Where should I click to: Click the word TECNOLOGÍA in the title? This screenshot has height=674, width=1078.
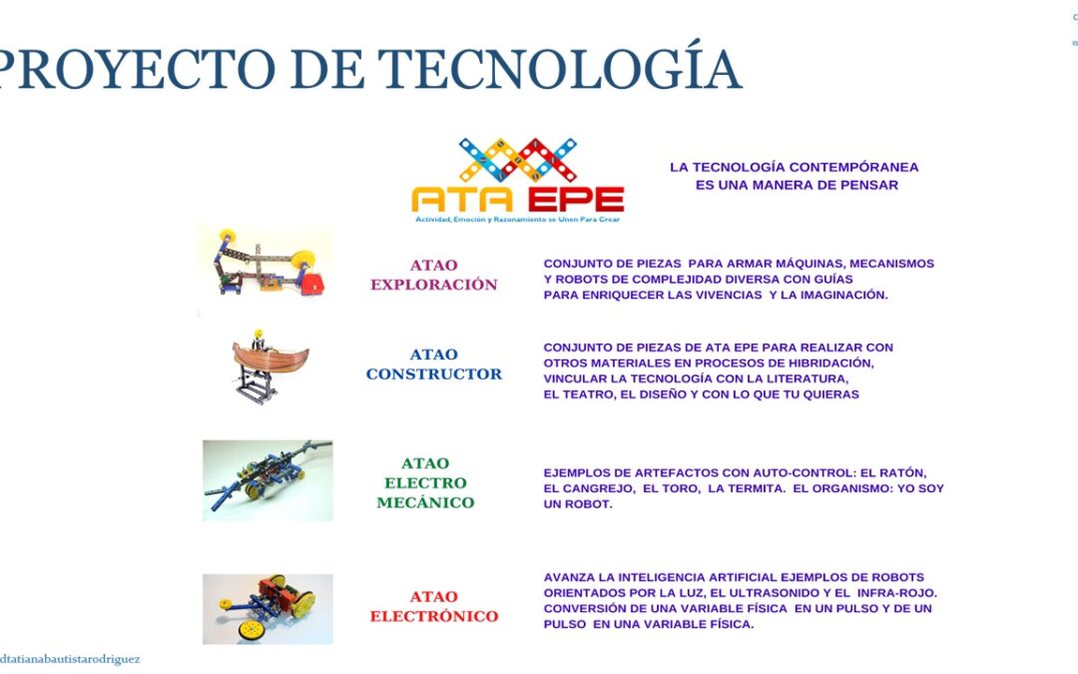[560, 68]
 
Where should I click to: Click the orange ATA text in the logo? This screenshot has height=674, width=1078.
[462, 200]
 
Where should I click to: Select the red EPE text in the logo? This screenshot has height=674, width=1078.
[571, 200]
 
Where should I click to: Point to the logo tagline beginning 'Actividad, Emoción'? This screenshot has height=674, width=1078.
[517, 220]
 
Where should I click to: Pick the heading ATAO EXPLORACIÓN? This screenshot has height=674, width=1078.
[434, 275]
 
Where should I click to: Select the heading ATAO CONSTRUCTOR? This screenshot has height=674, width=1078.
[434, 363]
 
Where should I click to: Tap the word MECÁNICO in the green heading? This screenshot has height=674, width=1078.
[425, 502]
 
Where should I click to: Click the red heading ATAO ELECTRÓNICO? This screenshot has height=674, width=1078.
[434, 606]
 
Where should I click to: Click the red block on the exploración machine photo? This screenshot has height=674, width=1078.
[312, 284]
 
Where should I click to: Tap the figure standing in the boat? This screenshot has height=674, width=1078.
[258, 339]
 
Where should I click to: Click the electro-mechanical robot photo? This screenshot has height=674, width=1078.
[268, 480]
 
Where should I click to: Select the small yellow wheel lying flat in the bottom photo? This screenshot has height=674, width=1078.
[252, 629]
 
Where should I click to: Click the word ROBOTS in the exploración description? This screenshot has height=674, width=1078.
[579, 280]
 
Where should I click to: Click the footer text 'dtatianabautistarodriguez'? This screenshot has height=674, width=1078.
[70, 659]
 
